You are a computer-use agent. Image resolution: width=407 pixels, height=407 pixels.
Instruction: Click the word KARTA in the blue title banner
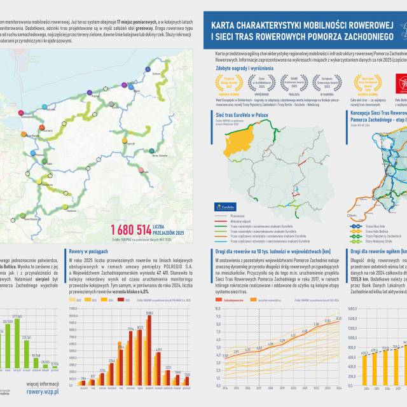coord(226,26)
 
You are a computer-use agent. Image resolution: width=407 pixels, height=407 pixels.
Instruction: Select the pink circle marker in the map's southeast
coord(151,151)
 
